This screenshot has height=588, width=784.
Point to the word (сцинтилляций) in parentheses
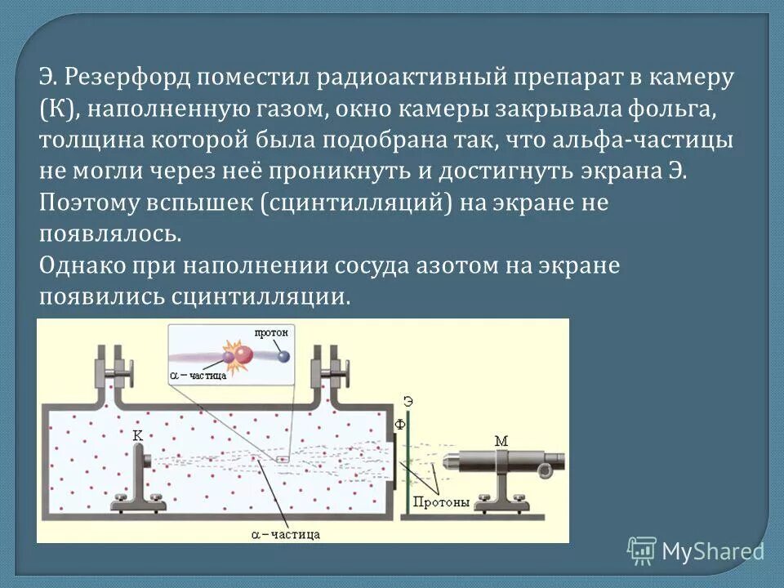tap(357, 203)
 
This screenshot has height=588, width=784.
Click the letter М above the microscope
tap(501, 441)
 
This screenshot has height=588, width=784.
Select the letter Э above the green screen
tap(408, 399)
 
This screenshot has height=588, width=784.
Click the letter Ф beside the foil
tap(400, 425)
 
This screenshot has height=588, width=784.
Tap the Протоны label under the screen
tap(440, 502)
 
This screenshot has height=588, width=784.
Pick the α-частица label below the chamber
tap(285, 534)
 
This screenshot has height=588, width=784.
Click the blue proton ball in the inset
tap(283, 356)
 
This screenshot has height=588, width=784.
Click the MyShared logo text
tap(713, 551)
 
